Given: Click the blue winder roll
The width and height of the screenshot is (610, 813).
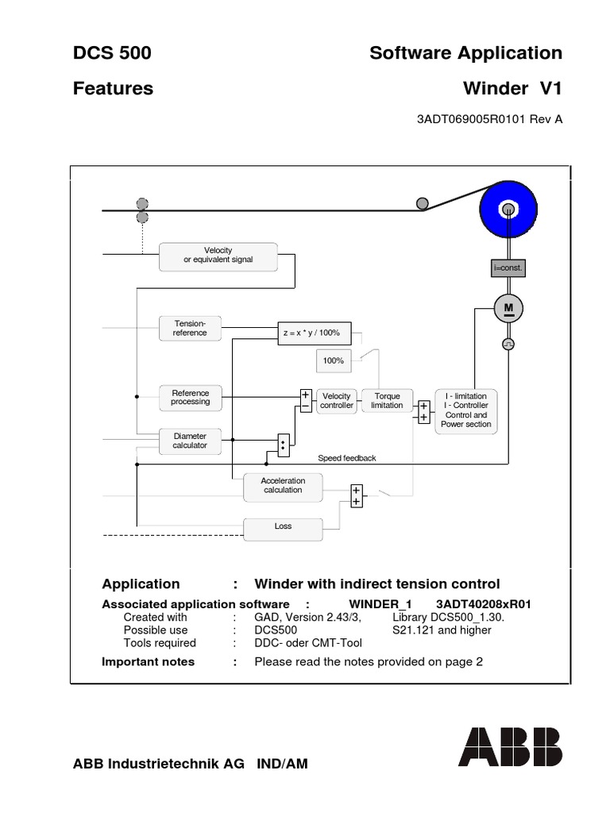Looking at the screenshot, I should (508, 210).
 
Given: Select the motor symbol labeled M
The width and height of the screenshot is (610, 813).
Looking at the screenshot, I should (508, 308).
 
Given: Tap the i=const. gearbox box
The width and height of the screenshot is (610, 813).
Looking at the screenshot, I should (508, 269).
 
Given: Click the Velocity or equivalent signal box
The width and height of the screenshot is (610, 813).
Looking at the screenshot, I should (218, 256).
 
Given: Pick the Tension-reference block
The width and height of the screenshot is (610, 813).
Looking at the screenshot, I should (190, 328).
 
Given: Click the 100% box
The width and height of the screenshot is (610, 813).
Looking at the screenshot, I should (333, 360).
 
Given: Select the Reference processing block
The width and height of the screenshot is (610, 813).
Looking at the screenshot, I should (191, 397).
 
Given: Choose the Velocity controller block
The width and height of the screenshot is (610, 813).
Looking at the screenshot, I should (336, 400).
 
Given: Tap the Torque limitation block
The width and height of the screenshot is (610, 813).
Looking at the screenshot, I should (387, 400).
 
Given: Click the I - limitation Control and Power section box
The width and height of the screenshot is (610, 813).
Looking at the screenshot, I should (468, 410).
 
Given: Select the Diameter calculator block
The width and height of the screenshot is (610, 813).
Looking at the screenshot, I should (191, 441).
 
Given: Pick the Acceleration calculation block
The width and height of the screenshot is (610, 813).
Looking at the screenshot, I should (283, 485).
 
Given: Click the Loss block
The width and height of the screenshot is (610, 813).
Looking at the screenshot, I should (283, 527).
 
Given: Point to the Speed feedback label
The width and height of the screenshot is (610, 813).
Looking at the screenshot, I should (346, 459).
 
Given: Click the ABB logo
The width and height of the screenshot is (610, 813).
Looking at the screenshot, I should (509, 747).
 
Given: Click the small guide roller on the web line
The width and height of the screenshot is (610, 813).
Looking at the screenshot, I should (423, 203).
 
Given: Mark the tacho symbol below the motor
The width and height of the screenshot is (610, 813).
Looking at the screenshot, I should (508, 344).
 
